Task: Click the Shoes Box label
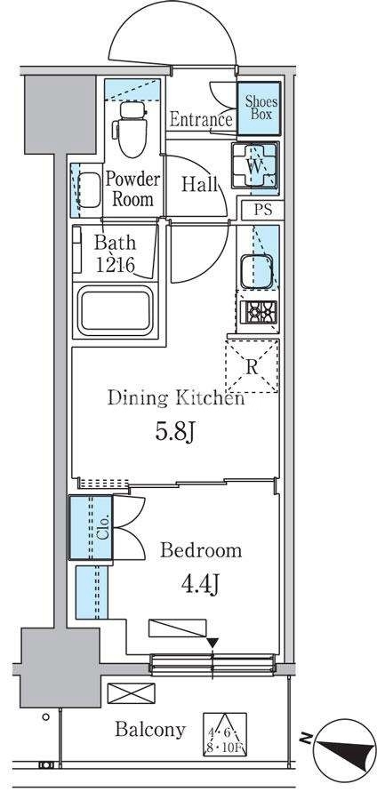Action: [259, 108]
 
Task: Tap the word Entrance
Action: [201, 120]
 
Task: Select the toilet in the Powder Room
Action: [132, 130]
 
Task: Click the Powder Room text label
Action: [132, 188]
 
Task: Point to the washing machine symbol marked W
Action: [255, 165]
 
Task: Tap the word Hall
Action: [200, 184]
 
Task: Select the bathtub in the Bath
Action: [116, 310]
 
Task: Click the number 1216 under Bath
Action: [115, 265]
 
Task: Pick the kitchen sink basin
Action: [256, 271]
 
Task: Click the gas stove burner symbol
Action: [258, 312]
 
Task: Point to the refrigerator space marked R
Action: [252, 366]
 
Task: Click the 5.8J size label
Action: [175, 433]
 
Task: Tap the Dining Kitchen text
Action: [176, 398]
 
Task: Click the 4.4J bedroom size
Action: [200, 584]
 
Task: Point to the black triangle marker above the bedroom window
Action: [213, 643]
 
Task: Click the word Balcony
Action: [150, 730]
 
